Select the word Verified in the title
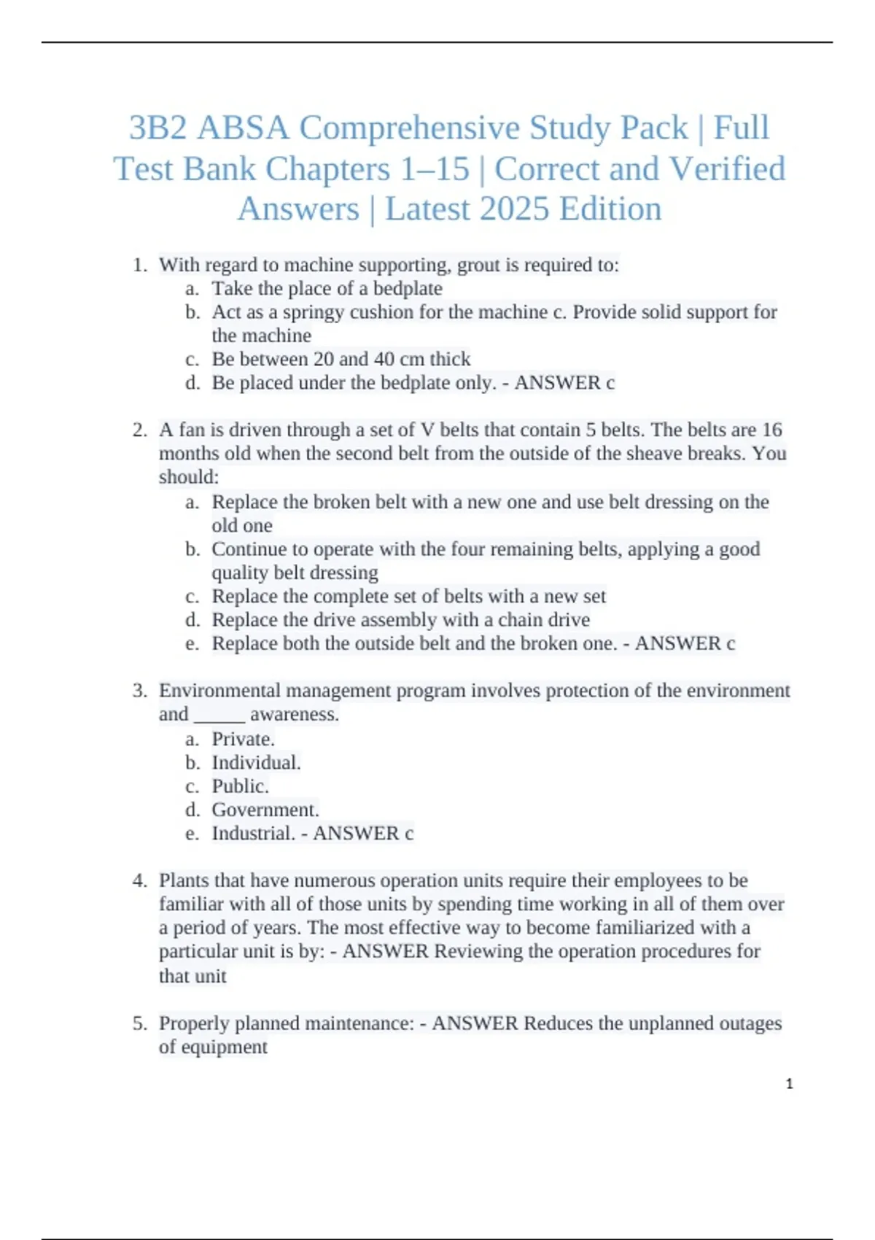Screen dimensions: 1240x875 pos(727,169)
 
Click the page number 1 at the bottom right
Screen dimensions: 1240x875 pos(789,1084)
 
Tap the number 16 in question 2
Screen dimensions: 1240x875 pos(771,430)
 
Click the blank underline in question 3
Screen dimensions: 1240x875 pos(219,715)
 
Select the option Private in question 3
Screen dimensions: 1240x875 pos(243,740)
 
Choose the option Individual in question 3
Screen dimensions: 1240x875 pos(255,763)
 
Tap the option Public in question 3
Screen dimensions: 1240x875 pos(240,786)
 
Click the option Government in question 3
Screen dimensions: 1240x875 pos(265,810)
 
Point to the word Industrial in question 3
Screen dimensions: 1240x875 pos(253,834)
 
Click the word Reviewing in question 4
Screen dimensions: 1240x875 pos(478,952)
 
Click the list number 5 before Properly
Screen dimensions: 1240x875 pos(139,1023)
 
